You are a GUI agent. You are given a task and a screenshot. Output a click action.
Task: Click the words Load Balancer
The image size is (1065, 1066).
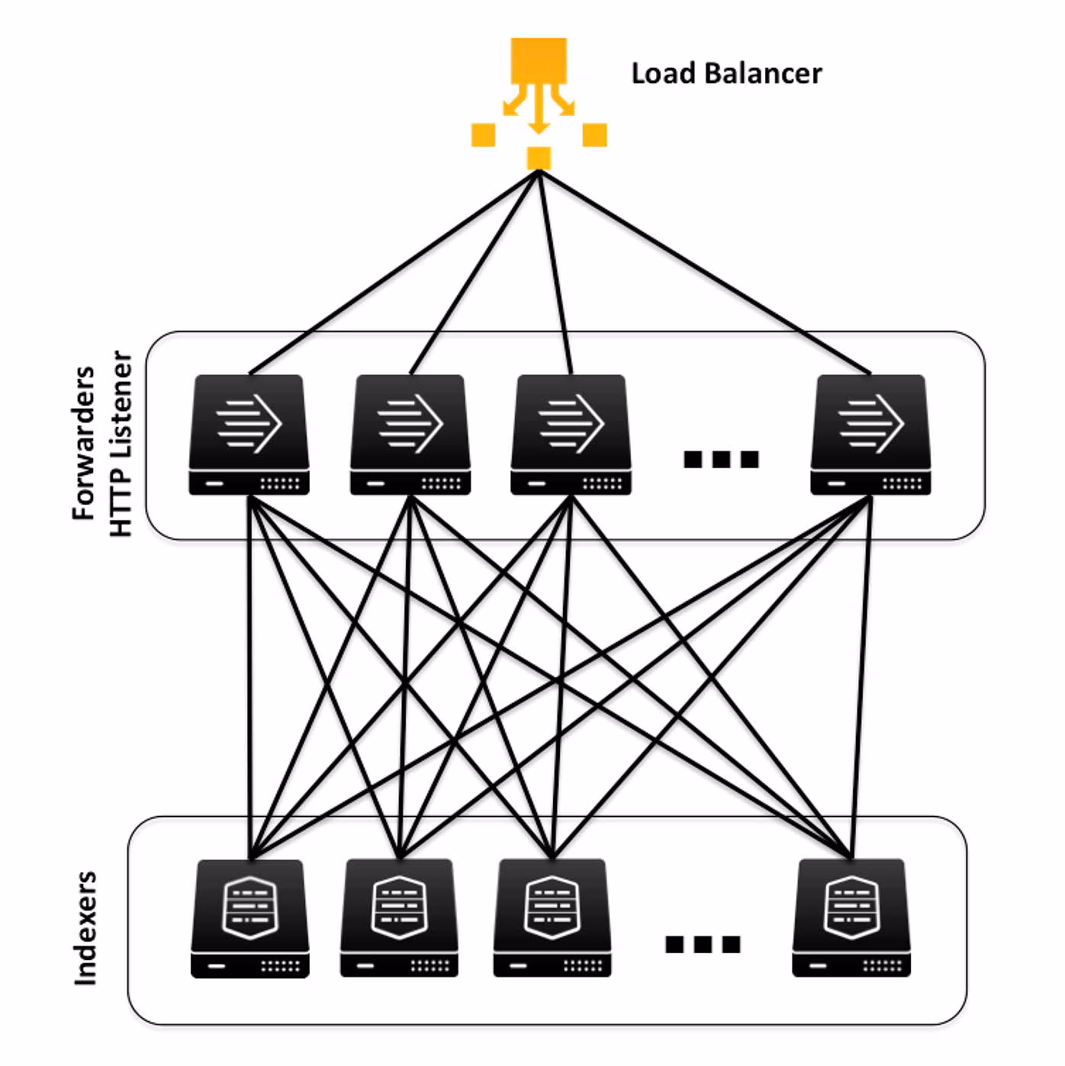726,74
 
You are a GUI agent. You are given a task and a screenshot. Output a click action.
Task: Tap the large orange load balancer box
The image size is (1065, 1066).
539,60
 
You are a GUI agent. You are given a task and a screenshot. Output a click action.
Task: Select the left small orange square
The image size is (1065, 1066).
484,135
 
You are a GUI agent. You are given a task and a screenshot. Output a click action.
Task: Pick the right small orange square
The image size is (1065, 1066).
594,135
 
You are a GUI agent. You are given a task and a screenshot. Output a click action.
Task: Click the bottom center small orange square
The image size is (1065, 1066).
539,158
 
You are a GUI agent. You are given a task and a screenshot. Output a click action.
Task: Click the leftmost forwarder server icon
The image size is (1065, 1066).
249,434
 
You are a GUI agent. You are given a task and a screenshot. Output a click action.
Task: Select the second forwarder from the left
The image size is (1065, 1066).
410,434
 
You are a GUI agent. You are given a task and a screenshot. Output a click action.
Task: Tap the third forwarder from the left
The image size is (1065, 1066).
571,434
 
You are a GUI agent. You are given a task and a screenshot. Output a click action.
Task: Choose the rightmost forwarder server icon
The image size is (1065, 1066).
870,434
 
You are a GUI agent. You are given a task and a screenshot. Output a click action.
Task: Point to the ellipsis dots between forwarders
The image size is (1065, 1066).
721,459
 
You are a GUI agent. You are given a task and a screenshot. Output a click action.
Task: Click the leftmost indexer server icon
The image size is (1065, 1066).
250,918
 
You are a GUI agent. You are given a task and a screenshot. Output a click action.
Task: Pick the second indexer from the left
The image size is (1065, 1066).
399,918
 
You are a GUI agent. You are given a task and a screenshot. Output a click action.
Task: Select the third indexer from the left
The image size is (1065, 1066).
552,918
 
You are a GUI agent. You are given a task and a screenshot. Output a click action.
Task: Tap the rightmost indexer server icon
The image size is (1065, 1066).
851,918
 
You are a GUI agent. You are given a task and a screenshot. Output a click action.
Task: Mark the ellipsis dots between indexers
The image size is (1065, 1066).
703,944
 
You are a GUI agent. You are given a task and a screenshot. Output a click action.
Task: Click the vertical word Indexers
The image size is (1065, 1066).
85,928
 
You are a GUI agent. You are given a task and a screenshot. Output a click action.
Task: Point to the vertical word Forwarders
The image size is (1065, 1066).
83,443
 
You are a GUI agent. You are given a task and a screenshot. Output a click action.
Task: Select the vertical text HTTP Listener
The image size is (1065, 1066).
121,443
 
